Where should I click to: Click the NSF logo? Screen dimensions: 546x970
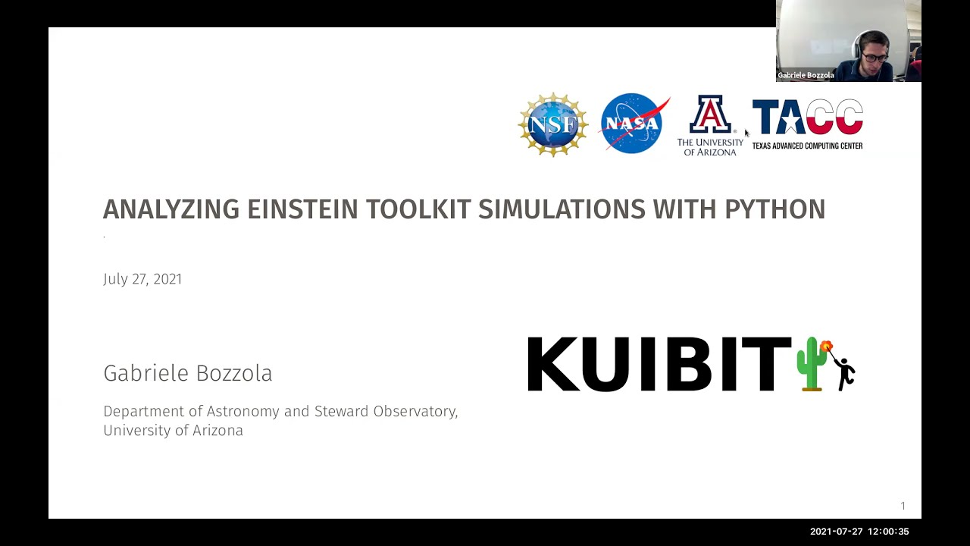[x=553, y=124]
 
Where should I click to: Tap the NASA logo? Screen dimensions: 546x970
[x=634, y=124]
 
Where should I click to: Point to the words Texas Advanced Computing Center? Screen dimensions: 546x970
[x=807, y=146]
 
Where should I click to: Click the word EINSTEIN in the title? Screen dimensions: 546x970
[x=302, y=209]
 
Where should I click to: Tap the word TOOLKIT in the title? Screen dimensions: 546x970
[x=418, y=209]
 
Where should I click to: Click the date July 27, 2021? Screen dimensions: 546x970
[x=142, y=279]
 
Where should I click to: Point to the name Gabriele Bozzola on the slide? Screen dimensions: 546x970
[x=187, y=373]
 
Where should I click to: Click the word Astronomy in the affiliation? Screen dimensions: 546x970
[x=243, y=411]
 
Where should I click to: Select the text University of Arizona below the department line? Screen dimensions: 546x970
[x=173, y=431]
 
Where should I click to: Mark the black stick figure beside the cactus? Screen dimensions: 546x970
[x=844, y=370]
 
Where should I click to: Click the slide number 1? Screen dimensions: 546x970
[x=903, y=506]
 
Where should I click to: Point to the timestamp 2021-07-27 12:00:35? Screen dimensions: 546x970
[x=859, y=532]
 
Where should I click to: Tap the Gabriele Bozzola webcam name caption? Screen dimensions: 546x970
[x=806, y=75]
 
